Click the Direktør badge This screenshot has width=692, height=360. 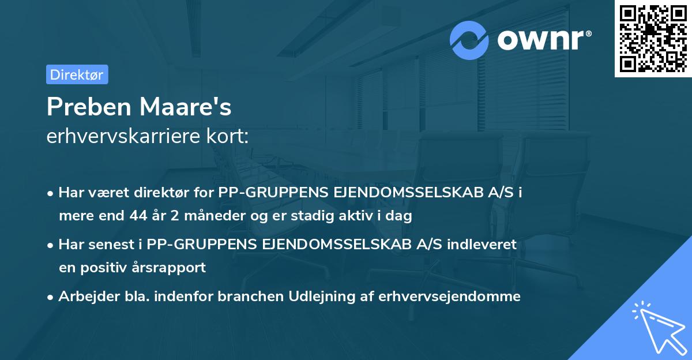[x=77, y=74]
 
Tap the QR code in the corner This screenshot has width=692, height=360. [x=652, y=39]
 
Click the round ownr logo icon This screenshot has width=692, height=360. [x=469, y=40]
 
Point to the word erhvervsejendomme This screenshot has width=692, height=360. [x=450, y=297]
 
